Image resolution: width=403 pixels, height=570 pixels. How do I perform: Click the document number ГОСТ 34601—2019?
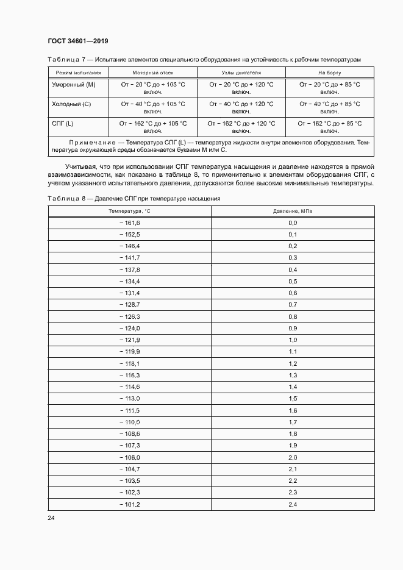[x=73, y=41]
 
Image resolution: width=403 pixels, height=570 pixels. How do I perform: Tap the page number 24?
[x=51, y=517]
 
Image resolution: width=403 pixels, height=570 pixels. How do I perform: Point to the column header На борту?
[x=330, y=73]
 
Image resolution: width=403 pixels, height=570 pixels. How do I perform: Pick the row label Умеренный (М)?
[x=74, y=84]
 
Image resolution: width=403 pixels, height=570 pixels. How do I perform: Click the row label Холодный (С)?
[x=72, y=104]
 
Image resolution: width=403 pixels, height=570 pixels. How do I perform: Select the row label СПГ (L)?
[x=63, y=124]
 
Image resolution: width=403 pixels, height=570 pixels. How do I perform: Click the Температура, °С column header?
[x=129, y=211]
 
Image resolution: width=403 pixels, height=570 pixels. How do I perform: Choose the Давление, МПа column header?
[x=293, y=211]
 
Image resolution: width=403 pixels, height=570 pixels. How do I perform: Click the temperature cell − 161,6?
[x=129, y=223]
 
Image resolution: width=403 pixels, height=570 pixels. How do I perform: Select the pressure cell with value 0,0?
[x=293, y=223]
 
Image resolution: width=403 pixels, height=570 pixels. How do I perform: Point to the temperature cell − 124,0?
[x=129, y=328]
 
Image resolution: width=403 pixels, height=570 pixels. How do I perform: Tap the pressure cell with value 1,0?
[x=293, y=340]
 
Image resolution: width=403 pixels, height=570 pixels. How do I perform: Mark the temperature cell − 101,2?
[x=129, y=504]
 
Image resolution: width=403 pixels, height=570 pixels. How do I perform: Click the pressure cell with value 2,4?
[x=293, y=504]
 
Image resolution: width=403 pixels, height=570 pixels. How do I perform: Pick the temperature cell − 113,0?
[x=129, y=399]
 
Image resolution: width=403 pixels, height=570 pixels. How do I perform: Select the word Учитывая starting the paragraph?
[x=80, y=166]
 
